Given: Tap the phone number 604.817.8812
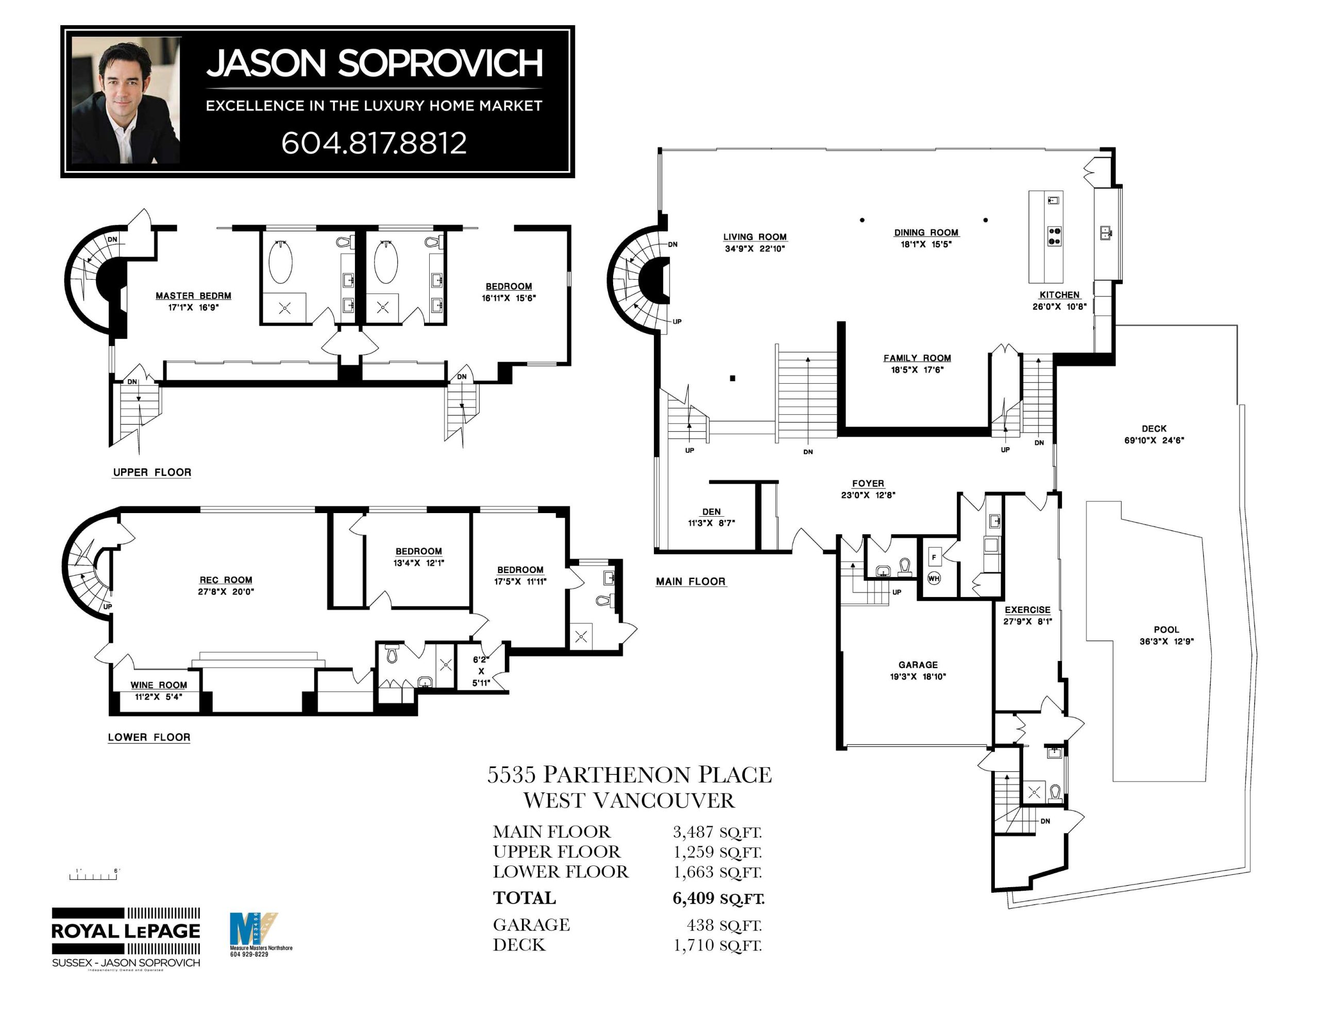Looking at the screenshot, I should click(x=374, y=143).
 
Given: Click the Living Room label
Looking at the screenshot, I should click(x=755, y=237).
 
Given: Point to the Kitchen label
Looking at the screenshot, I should click(x=1059, y=295).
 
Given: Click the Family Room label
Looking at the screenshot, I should click(x=917, y=358).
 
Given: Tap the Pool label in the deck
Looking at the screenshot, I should click(x=1166, y=630).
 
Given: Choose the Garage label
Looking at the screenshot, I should click(x=918, y=665).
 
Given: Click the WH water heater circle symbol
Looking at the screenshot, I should click(x=934, y=578).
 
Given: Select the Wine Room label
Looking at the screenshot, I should click(x=159, y=685).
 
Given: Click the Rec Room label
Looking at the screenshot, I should click(x=226, y=580).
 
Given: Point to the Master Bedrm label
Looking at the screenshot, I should click(x=193, y=295).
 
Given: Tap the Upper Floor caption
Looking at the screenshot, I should click(x=152, y=472).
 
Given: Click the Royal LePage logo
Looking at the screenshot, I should click(x=126, y=931).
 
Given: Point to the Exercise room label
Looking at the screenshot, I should click(x=1027, y=610).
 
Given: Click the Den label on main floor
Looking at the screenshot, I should click(x=711, y=512).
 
